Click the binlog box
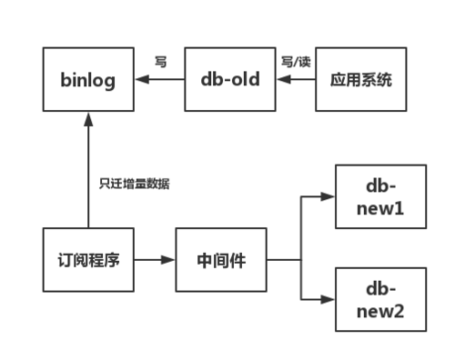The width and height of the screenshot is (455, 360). (88, 80)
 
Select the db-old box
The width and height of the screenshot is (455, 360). (230, 80)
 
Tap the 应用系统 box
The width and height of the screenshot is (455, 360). (361, 80)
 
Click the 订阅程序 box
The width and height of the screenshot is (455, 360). (88, 260)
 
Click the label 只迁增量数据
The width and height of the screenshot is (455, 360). (135, 184)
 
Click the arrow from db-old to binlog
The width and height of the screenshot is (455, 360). (159, 80)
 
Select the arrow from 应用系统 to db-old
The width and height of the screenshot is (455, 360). (296, 80)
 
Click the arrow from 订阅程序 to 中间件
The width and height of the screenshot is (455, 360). (155, 260)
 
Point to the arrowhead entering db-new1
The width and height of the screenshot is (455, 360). (329, 195)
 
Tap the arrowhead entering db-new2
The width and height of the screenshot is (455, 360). (329, 299)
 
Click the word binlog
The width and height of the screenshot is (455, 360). (88, 80)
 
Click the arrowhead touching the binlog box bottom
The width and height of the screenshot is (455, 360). (88, 117)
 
